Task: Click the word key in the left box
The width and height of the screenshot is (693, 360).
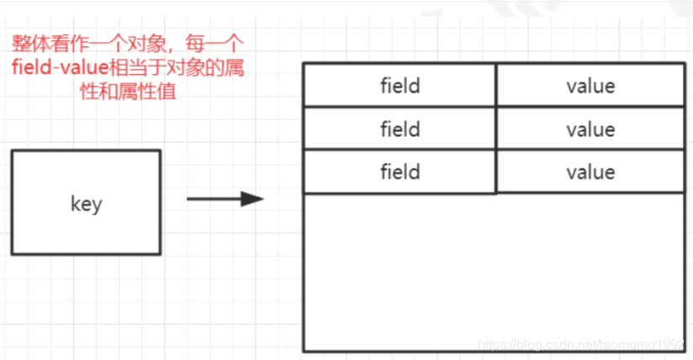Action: (86, 204)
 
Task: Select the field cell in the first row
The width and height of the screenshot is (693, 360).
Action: (399, 86)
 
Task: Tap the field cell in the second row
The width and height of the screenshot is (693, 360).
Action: (399, 130)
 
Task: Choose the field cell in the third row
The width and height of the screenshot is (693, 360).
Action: (399, 172)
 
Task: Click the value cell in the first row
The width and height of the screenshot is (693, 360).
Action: (590, 86)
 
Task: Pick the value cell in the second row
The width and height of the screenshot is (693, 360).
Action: (590, 130)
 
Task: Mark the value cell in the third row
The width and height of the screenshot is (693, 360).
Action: (590, 172)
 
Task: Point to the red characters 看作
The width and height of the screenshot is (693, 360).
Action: (66, 43)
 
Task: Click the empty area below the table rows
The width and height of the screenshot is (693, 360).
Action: (494, 269)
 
